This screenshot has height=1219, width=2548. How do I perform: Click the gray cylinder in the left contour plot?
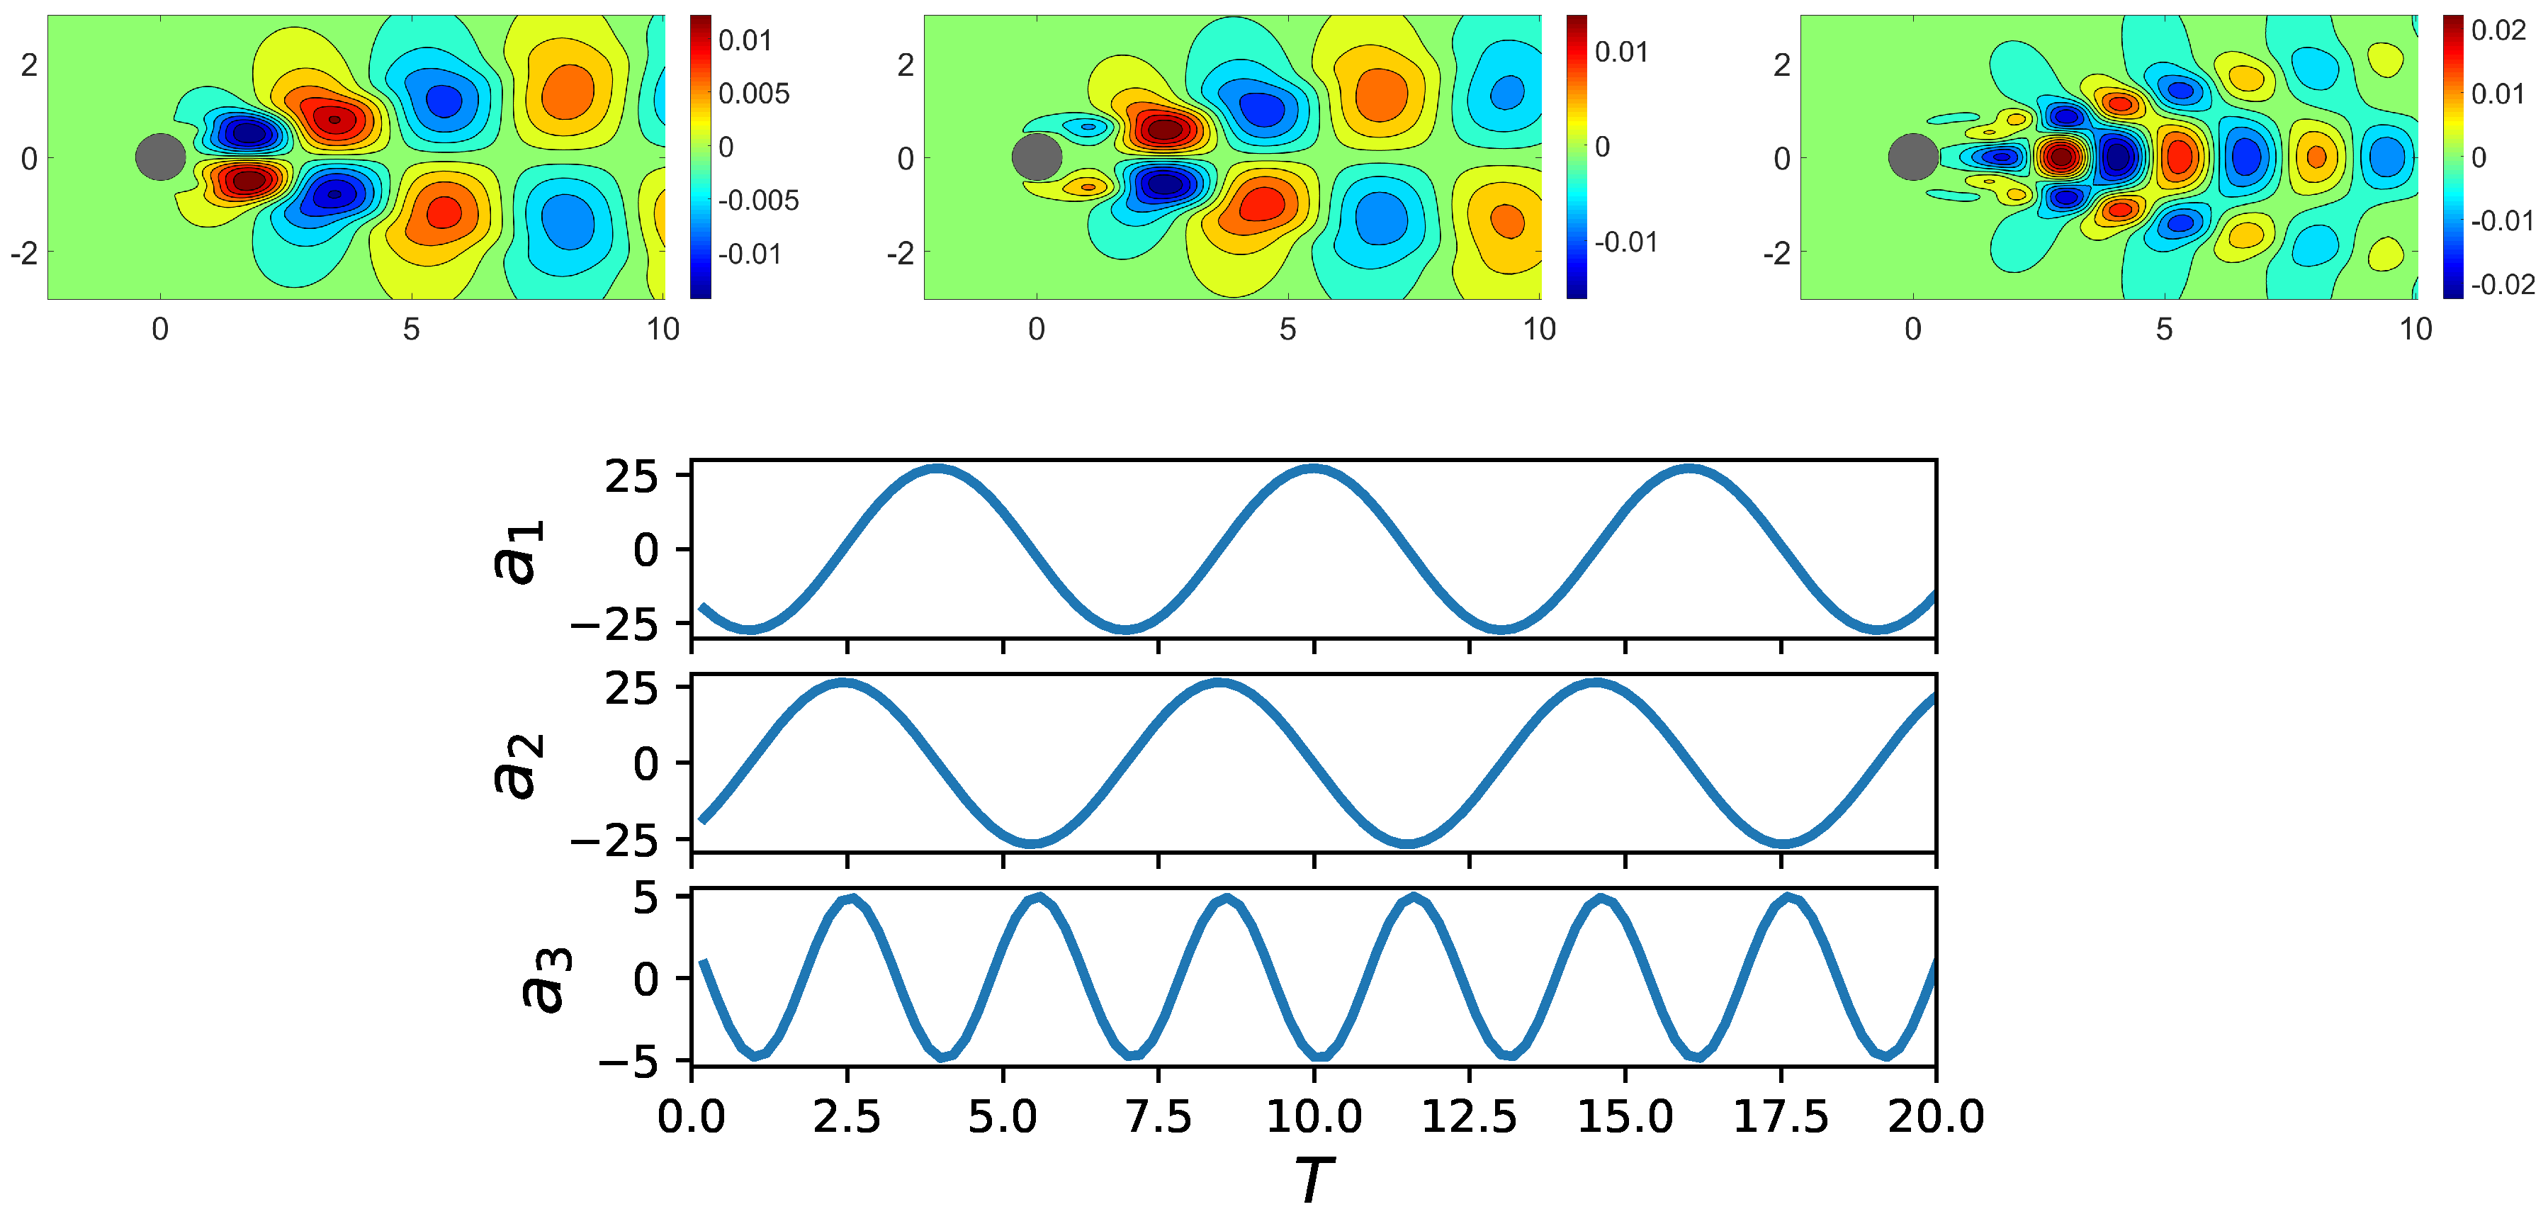pyautogui.click(x=160, y=157)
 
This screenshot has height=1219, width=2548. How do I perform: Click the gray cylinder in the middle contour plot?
pyautogui.click(x=1037, y=157)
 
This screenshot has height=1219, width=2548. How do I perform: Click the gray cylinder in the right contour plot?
pyautogui.click(x=1913, y=157)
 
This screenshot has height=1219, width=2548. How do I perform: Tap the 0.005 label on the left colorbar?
pyautogui.click(x=754, y=94)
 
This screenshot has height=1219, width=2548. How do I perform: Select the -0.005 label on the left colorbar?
pyautogui.click(x=757, y=201)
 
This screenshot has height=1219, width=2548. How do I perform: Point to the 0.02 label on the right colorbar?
pyautogui.click(x=2498, y=30)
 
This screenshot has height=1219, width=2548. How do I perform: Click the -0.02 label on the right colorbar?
pyautogui.click(x=2503, y=285)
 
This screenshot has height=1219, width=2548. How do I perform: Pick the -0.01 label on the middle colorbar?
pyautogui.click(x=1625, y=242)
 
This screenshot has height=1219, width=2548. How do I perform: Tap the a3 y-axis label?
pyautogui.click(x=547, y=979)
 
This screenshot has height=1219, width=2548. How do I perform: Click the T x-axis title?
pyautogui.click(x=1314, y=1177)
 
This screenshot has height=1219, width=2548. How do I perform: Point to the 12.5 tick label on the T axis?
pyautogui.click(x=1469, y=1117)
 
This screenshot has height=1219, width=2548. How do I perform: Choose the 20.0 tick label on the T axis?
pyautogui.click(x=1936, y=1117)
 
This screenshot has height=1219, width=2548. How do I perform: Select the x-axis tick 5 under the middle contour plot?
pyautogui.click(x=1287, y=330)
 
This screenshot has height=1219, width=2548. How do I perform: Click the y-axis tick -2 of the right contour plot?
pyautogui.click(x=1778, y=253)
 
